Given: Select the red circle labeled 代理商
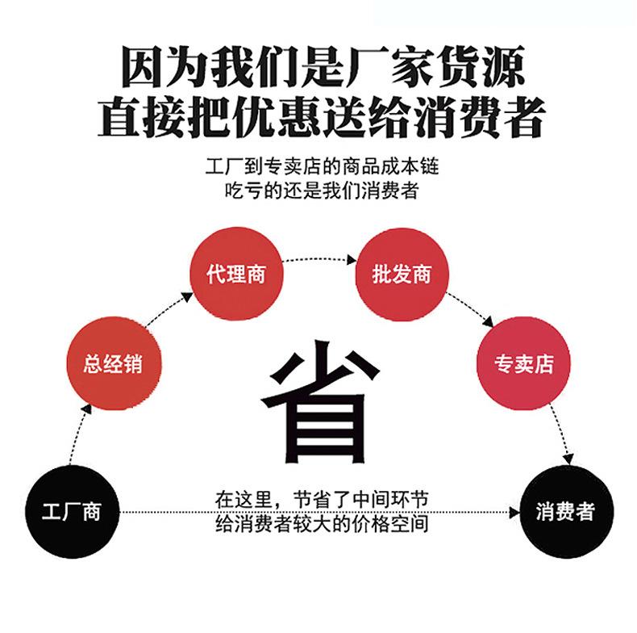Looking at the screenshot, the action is pyautogui.click(x=235, y=275).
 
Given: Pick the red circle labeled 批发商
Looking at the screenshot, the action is pyautogui.click(x=402, y=275).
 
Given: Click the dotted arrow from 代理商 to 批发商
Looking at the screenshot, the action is pyautogui.click(x=318, y=258).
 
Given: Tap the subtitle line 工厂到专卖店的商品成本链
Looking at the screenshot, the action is pyautogui.click(x=319, y=168).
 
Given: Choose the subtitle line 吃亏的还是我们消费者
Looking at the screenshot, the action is pyautogui.click(x=319, y=191).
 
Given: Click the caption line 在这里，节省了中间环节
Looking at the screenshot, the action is pyautogui.click(x=319, y=501).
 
